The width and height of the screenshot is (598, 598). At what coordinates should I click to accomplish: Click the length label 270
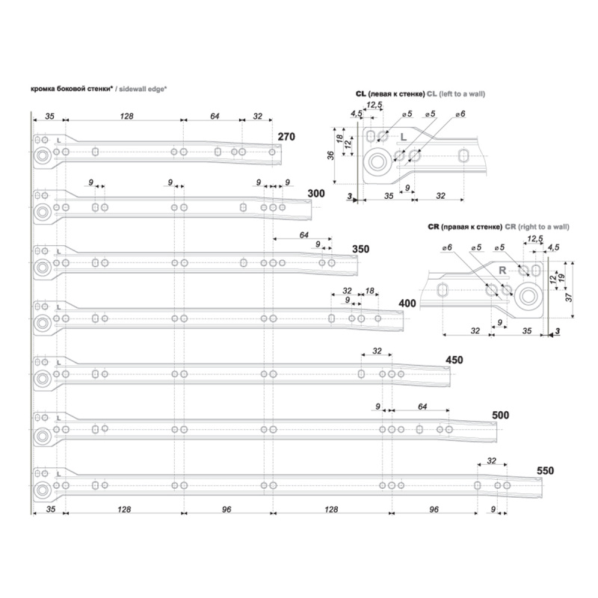point(286,137)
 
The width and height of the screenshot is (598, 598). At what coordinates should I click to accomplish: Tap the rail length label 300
point(316,194)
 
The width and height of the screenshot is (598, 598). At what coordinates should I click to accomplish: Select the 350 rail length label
point(361,249)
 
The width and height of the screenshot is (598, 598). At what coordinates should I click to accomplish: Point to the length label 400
point(407,303)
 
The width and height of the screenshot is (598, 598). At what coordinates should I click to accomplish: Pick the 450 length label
point(454,360)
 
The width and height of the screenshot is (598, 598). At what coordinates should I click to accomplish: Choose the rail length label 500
point(500,415)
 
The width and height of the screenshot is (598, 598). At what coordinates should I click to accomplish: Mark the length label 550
point(545,471)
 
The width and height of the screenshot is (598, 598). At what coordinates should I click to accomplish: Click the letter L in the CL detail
point(404,137)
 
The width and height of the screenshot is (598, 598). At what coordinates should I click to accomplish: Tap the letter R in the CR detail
point(502,271)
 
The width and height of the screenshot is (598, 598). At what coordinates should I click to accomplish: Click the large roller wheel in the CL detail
point(377,162)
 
